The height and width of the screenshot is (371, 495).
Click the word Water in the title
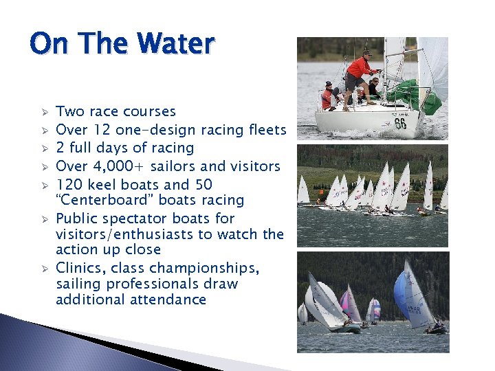click(x=177, y=45)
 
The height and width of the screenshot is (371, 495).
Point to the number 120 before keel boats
click(x=67, y=185)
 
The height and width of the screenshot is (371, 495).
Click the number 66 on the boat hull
click(x=400, y=124)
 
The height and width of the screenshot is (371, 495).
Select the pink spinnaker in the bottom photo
click(x=349, y=302)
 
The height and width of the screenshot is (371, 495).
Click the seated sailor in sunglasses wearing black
click(x=373, y=88)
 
